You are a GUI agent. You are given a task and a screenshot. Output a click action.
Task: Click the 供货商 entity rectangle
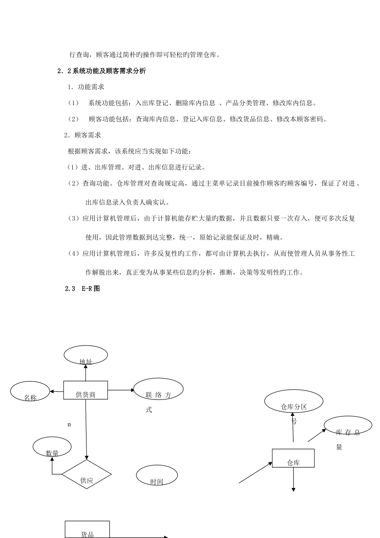click(86, 390)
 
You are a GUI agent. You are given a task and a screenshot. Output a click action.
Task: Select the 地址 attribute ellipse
click(86, 355)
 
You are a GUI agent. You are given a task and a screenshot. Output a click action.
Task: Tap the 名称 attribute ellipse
click(30, 391)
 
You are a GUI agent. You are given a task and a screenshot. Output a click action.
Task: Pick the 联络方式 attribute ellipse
click(158, 389)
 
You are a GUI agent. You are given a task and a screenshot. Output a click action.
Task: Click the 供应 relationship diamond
click(86, 474)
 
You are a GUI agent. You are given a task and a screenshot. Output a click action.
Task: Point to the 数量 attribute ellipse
click(52, 447)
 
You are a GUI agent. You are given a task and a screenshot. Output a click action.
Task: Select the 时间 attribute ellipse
click(157, 476)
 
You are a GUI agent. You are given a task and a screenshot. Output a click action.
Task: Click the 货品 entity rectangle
click(87, 529)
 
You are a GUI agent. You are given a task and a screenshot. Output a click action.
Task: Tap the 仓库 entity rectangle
click(293, 458)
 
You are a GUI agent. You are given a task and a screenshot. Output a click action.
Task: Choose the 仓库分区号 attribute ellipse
click(294, 401)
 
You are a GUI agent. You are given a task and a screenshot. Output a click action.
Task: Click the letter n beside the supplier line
click(69, 424)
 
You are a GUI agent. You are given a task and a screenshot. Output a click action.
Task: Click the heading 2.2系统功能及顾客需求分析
click(102, 71)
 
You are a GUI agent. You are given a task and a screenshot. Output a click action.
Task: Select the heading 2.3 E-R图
click(82, 288)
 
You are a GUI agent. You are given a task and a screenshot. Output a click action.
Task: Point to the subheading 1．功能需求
click(86, 87)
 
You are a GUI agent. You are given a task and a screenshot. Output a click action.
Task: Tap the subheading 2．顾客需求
click(82, 135)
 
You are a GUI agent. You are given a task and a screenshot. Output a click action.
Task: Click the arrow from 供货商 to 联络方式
click(122, 389)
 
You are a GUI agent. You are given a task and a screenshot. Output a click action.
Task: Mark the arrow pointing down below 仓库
click(294, 480)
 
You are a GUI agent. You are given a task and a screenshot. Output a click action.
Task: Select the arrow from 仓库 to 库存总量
click(317, 436)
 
